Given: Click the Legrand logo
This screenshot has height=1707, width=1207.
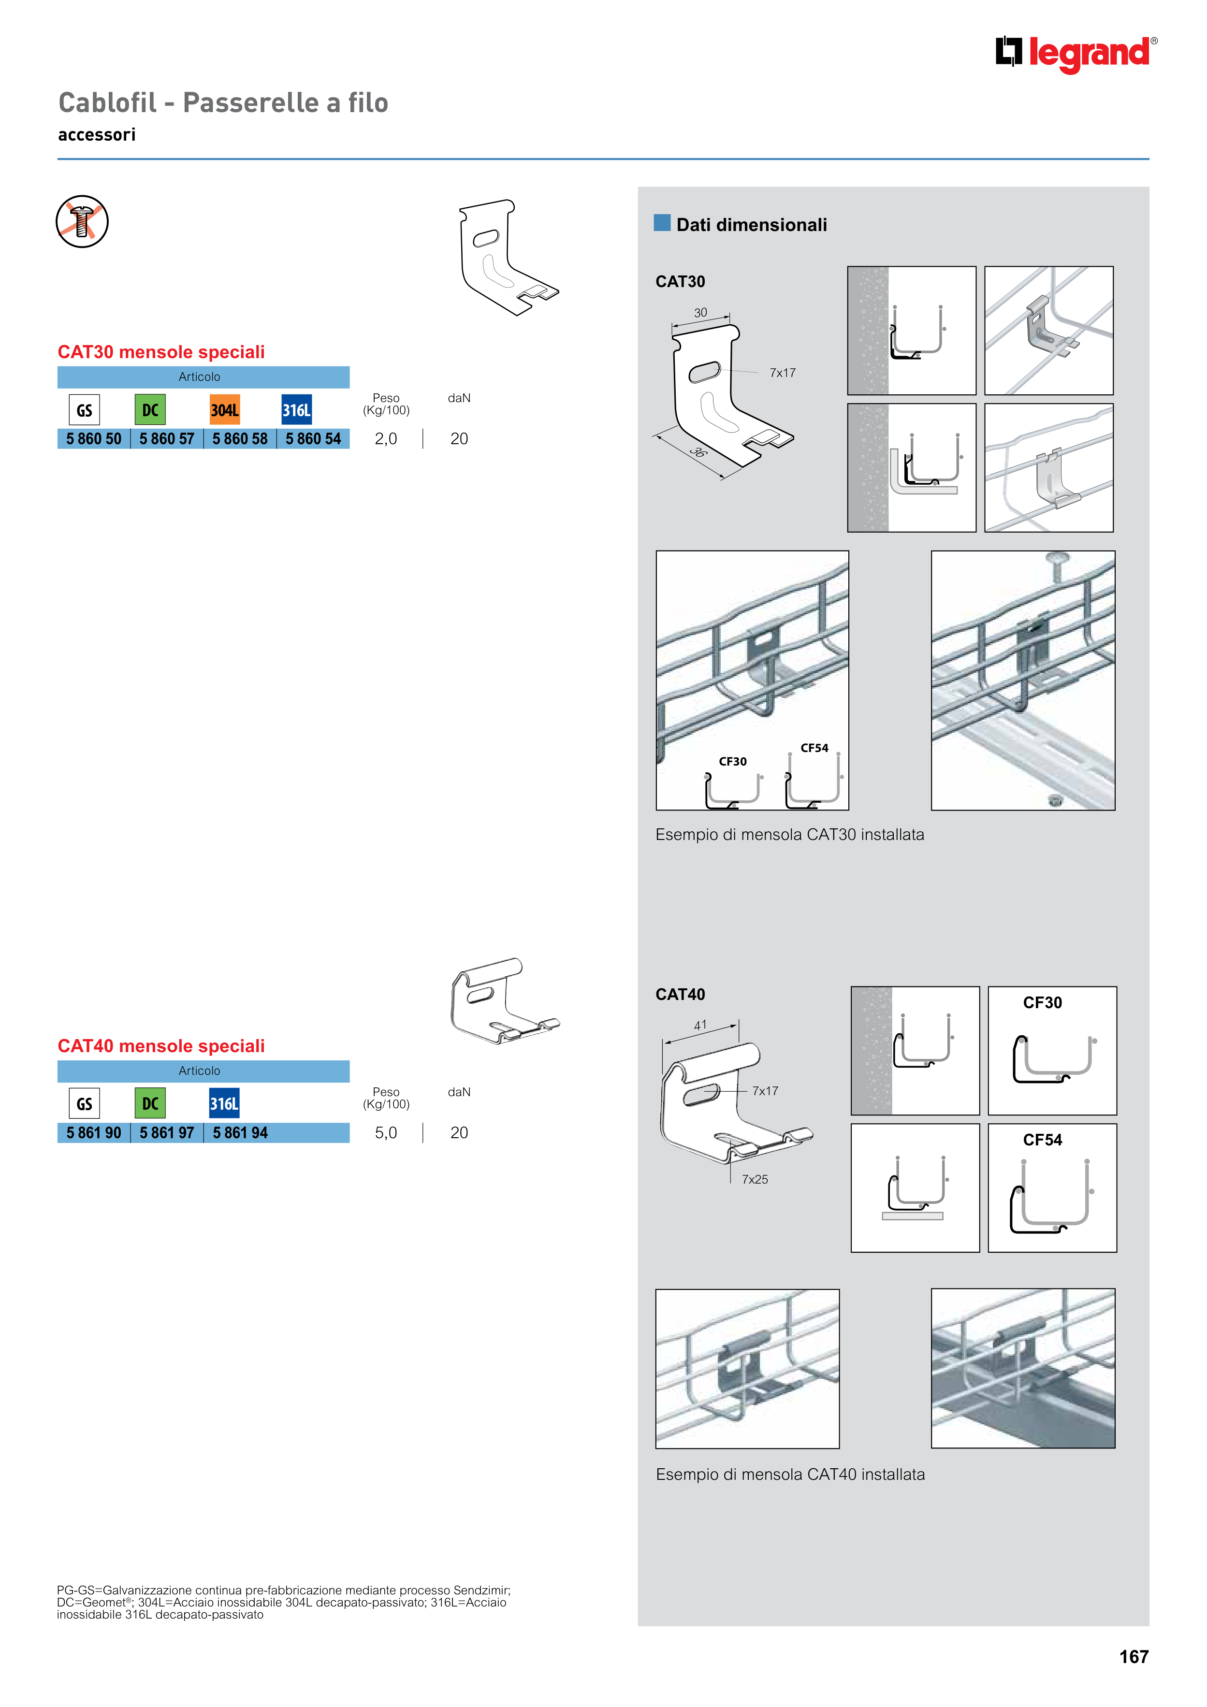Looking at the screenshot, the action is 1076,54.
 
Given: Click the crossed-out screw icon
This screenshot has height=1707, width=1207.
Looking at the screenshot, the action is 83,221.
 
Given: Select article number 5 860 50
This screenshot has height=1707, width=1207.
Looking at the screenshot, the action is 94,439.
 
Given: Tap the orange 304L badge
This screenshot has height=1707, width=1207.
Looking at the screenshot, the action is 225,410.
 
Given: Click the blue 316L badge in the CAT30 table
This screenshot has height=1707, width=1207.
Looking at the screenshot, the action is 297,410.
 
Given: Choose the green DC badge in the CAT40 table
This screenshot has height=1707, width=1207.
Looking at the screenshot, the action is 150,1103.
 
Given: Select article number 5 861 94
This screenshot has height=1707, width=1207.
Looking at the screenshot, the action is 240,1132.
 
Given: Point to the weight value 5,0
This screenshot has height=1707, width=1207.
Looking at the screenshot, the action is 386,1132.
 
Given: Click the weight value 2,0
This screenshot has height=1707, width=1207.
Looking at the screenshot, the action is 386,439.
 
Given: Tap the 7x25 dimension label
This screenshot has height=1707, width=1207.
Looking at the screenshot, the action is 755,1179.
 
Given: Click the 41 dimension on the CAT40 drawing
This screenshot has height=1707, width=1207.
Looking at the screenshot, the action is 700,1025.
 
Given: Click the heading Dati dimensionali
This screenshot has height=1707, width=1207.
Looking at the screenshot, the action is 751,225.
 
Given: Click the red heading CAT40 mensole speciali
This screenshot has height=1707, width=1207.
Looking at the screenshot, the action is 161,1046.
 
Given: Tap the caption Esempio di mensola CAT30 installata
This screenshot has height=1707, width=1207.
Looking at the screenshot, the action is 790,834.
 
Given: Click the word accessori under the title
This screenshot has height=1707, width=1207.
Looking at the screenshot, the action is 97,134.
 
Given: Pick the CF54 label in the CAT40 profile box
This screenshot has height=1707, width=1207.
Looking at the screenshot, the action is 1043,1140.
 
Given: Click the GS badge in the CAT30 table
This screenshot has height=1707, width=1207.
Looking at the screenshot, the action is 84,410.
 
